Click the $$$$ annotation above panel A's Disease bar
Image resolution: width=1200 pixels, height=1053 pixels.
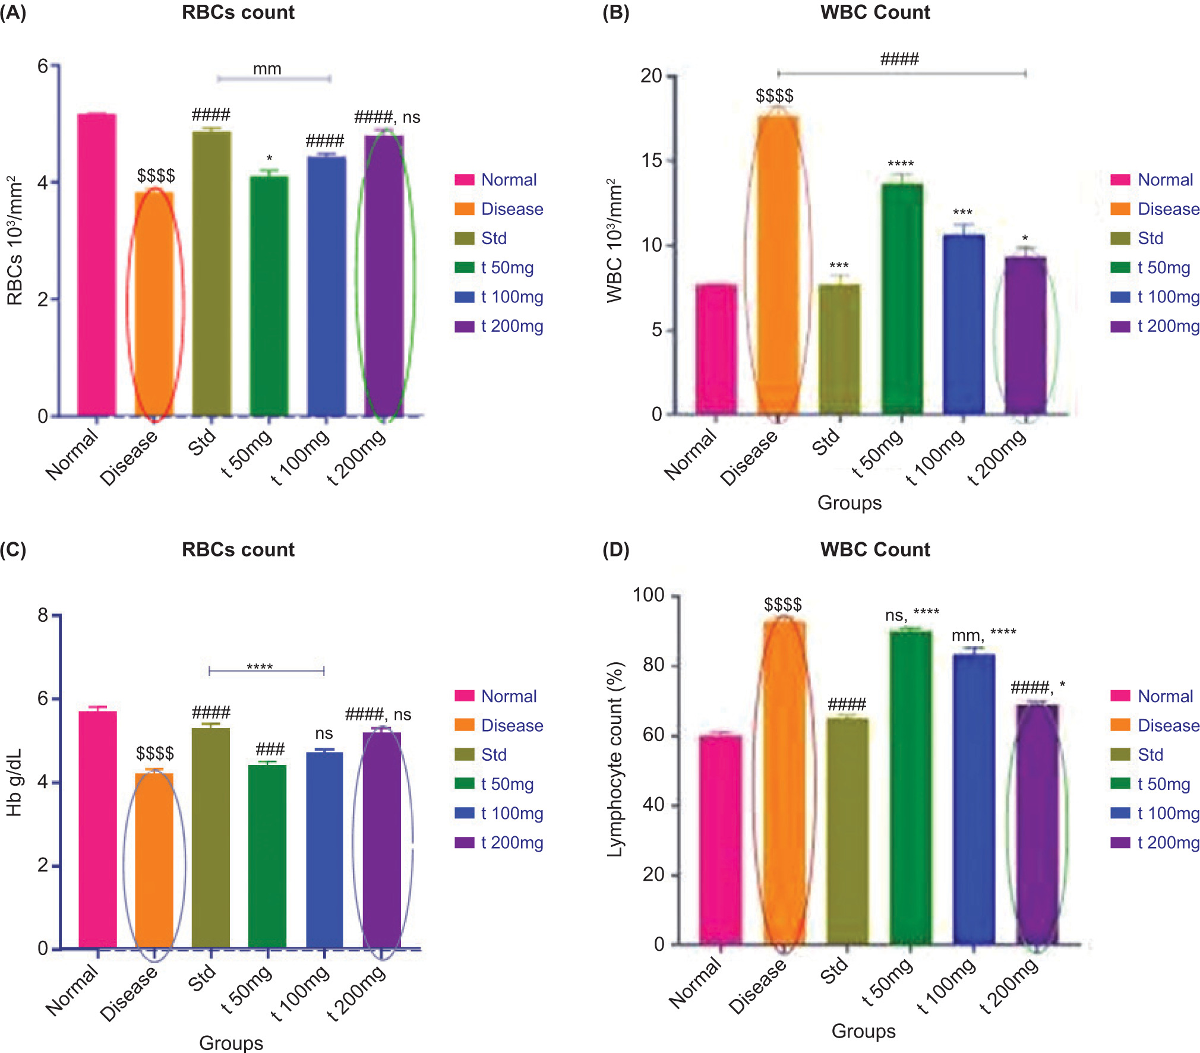point(156,176)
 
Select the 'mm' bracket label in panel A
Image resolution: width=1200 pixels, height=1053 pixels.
point(267,69)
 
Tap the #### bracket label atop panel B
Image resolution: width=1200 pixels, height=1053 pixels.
point(899,59)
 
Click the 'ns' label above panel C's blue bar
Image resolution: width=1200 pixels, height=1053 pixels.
point(324,733)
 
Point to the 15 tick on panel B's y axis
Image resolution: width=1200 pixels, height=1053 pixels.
point(652,160)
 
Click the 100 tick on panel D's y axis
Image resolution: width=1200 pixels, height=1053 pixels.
point(649,595)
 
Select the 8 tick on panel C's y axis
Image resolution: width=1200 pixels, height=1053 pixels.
point(43,615)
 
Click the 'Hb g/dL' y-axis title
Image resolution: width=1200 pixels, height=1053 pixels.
point(14,782)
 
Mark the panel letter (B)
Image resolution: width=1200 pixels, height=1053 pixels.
point(615,12)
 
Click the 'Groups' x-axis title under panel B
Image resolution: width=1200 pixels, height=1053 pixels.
point(850,502)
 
